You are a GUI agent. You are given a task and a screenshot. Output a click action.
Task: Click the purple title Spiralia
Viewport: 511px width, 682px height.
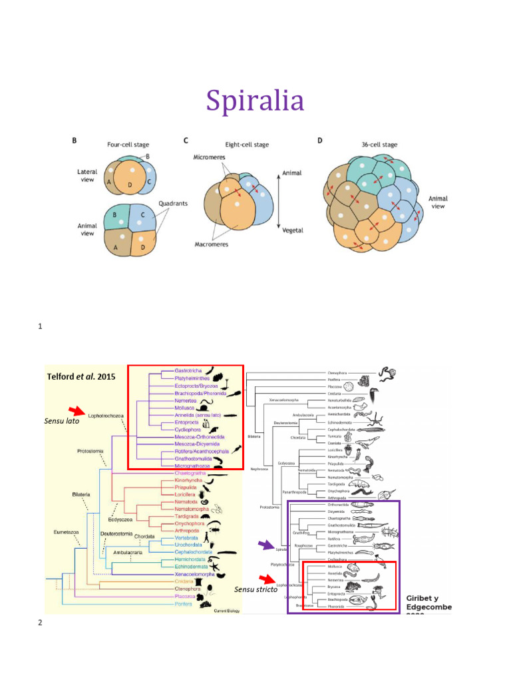255,101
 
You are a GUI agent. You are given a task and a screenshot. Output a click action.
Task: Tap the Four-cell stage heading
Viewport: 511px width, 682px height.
128,145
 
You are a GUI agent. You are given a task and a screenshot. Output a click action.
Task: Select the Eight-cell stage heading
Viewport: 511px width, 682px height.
246,145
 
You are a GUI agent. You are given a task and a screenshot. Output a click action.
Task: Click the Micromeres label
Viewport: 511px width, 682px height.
206,157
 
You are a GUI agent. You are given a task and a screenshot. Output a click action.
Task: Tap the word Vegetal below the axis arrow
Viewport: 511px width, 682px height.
293,230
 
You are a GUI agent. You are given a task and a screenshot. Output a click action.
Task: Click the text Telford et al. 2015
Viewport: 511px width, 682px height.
81,376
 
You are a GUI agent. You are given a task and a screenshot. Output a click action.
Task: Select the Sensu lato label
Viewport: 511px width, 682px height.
61,422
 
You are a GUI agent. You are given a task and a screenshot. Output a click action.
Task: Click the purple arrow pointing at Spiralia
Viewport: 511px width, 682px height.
265,545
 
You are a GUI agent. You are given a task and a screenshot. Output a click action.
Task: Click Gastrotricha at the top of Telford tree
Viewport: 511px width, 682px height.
189,370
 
